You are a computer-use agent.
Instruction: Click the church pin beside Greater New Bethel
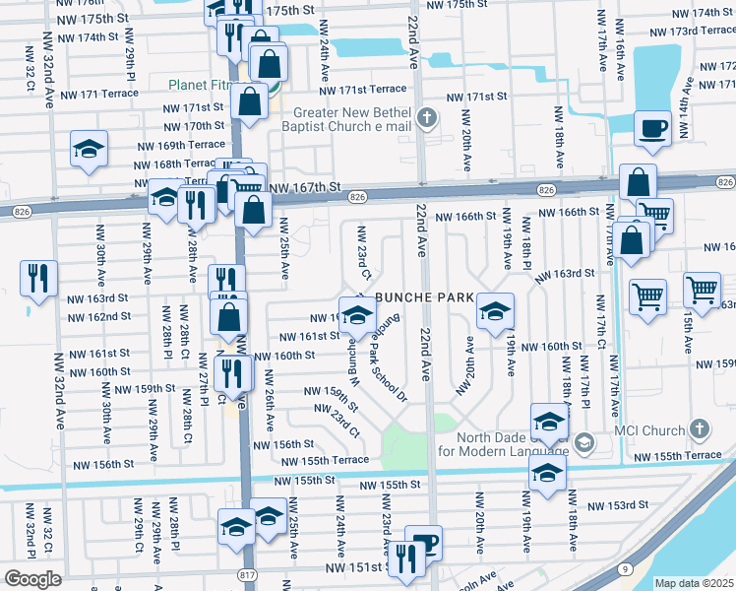pyautogui.click(x=425, y=119)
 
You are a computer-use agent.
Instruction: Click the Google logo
pyautogui.click(x=32, y=579)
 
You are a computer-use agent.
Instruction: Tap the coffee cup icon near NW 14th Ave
pyautogui.click(x=652, y=128)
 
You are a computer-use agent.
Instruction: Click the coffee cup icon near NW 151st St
pyautogui.click(x=423, y=542)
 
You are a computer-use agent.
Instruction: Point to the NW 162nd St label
pyautogui.click(x=98, y=316)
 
